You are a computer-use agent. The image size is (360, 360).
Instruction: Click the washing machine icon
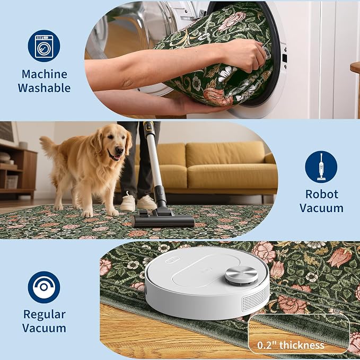(44, 46)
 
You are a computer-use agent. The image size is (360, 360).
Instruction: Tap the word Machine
(45, 74)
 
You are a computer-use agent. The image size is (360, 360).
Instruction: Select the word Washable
(45, 88)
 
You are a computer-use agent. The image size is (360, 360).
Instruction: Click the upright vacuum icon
(321, 167)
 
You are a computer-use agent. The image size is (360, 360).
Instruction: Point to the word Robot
(322, 194)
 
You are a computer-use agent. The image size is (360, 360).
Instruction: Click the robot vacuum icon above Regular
(44, 287)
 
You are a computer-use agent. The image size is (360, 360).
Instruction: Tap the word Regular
(45, 315)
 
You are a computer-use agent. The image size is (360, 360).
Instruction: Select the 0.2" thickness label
(291, 345)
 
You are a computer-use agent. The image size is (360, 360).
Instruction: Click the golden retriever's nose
(119, 150)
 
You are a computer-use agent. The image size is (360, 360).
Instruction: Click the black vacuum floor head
(163, 220)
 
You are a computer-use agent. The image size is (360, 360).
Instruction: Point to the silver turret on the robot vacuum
(241, 274)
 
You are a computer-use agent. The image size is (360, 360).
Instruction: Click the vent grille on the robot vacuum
(256, 300)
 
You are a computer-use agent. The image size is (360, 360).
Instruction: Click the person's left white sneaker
(128, 203)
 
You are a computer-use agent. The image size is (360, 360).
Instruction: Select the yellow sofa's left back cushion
(171, 155)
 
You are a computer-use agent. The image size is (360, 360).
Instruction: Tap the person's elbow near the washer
(125, 82)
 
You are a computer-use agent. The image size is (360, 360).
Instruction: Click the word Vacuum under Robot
(321, 208)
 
